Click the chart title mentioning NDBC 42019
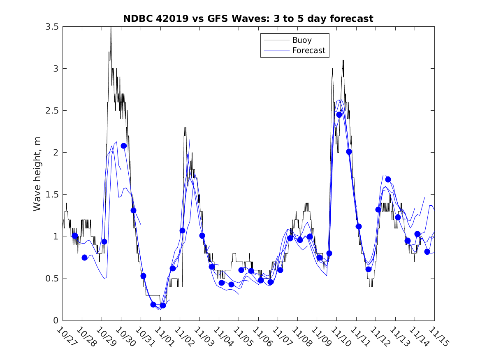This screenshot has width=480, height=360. [x=248, y=19]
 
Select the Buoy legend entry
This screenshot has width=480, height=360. [x=302, y=40]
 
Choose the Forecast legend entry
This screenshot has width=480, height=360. [x=308, y=51]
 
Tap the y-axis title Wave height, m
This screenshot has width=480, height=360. [x=37, y=173]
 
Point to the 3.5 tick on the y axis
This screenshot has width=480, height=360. [x=51, y=27]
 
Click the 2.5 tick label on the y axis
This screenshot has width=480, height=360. [x=51, y=111]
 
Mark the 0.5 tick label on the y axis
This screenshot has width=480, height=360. [x=51, y=279]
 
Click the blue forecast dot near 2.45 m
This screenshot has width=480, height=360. [x=339, y=115]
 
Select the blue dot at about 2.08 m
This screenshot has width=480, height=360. [x=124, y=146]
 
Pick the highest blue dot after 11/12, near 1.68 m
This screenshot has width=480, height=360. [x=388, y=179]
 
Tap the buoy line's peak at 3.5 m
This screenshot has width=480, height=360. [x=111, y=28]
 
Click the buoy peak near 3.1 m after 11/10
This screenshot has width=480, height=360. [x=343, y=60]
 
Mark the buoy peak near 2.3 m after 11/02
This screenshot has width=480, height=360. [x=185, y=128]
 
